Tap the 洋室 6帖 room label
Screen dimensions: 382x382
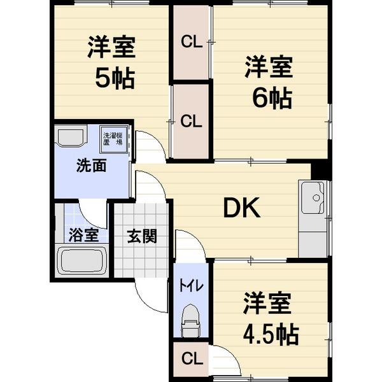(268, 83)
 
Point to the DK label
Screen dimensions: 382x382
(240, 209)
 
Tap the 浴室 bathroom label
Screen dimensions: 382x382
(83, 234)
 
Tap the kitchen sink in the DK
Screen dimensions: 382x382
(313, 198)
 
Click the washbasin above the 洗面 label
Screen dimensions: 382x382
(69, 136)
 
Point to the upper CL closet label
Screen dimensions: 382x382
(191, 43)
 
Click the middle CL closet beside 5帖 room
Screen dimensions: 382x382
(191, 120)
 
